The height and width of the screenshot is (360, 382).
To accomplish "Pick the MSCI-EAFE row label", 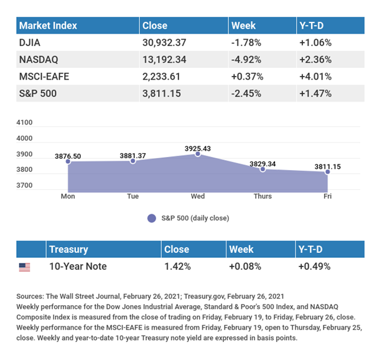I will (x=44, y=77).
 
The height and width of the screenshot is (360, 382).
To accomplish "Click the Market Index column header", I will (x=48, y=26).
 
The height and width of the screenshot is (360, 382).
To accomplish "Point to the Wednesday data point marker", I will (x=198, y=153).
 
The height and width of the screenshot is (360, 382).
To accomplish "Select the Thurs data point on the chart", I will (x=263, y=169).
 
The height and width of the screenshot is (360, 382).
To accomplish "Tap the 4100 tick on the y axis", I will (x=26, y=123).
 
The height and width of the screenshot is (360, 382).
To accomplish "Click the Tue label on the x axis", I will (x=133, y=196).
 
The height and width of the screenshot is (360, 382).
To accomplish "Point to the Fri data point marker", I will (x=328, y=172).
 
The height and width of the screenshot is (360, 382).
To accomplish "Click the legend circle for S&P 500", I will (x=151, y=219).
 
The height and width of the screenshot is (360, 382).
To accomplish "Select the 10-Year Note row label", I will (x=78, y=267).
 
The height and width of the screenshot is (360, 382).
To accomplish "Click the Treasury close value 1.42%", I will (x=177, y=267).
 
